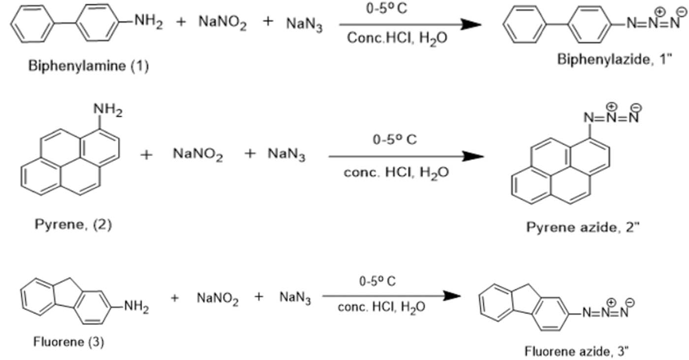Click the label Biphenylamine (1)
click(89, 66)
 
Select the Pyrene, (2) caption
click(73, 225)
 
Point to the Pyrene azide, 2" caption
click(583, 228)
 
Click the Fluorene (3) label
click(68, 342)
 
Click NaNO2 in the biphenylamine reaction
click(222, 23)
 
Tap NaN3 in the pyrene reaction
click(286, 154)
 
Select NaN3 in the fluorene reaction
click(295, 298)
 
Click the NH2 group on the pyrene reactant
click(108, 110)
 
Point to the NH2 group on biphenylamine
click(149, 22)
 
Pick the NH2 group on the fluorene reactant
click(136, 307)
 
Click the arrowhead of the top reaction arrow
click(471, 25)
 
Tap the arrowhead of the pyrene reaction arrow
click(473, 156)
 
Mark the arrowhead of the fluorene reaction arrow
click(452, 296)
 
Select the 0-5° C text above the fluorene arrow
click(377, 281)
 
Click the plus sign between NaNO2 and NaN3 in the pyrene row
click(250, 154)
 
